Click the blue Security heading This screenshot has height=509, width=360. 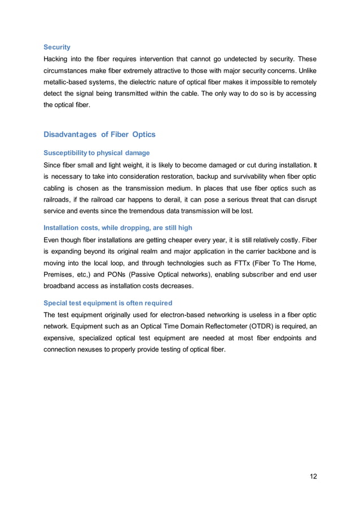tap(57, 47)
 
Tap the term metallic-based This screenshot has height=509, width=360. tap(68, 82)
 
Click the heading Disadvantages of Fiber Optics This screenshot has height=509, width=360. tap(99, 134)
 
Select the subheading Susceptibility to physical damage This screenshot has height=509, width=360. tap(96, 152)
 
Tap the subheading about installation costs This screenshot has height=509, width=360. tap(118, 227)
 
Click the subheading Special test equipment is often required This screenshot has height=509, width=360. tap(108, 302)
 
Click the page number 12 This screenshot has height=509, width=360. tap(313, 476)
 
